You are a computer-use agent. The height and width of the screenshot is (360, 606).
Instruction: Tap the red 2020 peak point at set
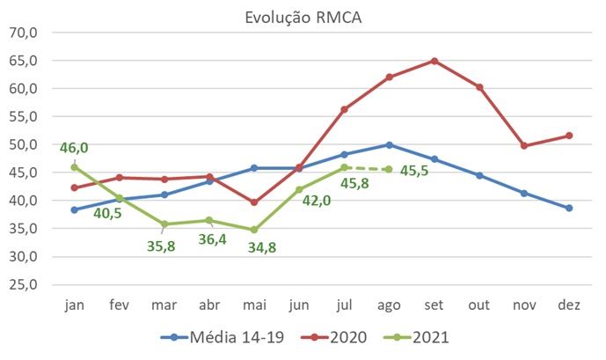[x=434, y=61]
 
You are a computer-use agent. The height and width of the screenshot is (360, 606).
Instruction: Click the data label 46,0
[x=77, y=148]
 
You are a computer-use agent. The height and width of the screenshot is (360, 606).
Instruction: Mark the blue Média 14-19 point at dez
[x=568, y=208]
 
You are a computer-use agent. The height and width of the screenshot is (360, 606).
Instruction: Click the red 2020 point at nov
[x=523, y=146]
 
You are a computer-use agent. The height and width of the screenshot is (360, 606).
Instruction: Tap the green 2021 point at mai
[x=253, y=230]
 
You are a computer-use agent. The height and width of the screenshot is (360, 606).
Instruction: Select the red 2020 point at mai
[x=253, y=202]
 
